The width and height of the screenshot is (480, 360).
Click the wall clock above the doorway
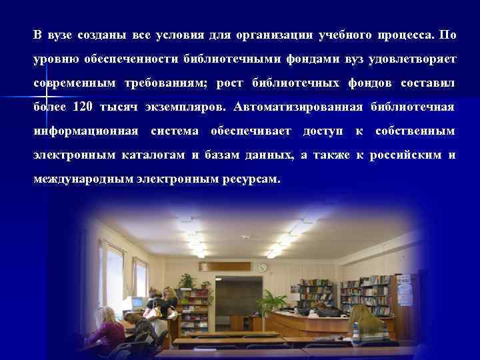(262, 267)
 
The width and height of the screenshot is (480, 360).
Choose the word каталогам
(154, 155)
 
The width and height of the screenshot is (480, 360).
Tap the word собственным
(415, 131)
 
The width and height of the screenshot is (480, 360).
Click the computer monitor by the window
(136, 303)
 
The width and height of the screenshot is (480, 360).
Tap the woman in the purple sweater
(106, 330)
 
